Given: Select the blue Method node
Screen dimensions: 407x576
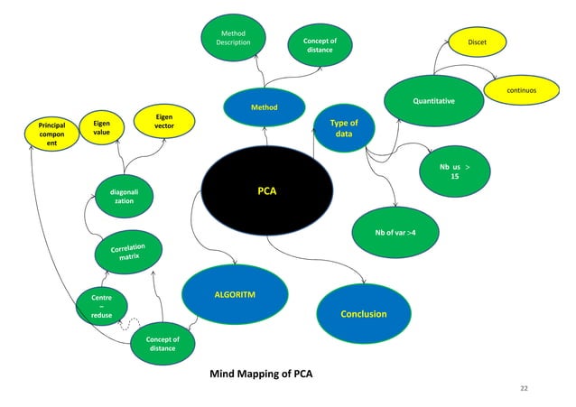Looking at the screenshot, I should (x=264, y=107).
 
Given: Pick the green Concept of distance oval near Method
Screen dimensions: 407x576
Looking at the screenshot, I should (x=320, y=45).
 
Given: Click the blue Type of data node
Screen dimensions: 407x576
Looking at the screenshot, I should (x=343, y=128).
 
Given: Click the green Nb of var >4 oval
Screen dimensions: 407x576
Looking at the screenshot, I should (x=394, y=233).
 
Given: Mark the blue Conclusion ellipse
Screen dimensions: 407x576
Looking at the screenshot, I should (x=363, y=314).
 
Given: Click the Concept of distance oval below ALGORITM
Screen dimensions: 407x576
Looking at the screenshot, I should (x=163, y=344).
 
